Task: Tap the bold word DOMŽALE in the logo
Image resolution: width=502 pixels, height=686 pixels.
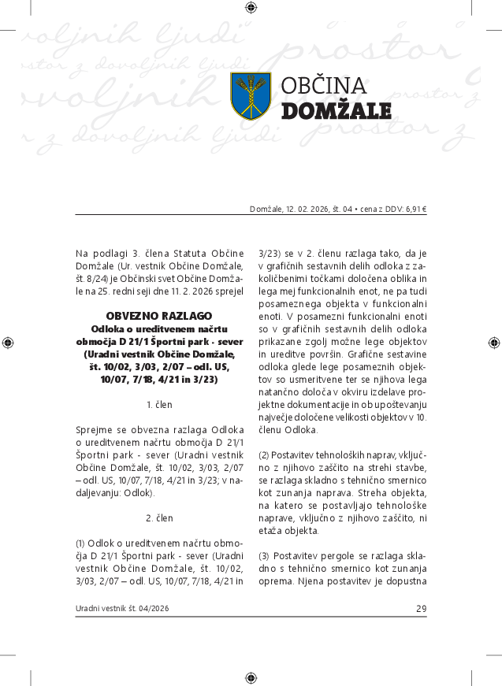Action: point(336,110)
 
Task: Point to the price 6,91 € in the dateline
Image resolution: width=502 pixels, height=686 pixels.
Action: point(414,210)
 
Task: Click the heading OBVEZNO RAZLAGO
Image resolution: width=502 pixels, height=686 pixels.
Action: point(159,315)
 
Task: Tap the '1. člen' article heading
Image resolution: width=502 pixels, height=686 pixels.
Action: point(159,404)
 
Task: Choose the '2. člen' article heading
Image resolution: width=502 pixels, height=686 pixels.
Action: point(159,518)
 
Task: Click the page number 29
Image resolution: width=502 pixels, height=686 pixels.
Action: point(421,609)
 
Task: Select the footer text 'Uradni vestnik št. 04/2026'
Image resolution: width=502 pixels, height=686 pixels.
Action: point(122,609)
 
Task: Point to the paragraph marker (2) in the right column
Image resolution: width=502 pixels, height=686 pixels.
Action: point(264,455)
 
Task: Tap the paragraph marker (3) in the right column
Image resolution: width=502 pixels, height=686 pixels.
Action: point(264,557)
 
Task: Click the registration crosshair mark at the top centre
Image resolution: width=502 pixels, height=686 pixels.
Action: point(251,8)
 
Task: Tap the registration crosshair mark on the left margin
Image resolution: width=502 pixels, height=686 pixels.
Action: point(8,343)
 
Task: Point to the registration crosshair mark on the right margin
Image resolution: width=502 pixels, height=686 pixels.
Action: point(494,343)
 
